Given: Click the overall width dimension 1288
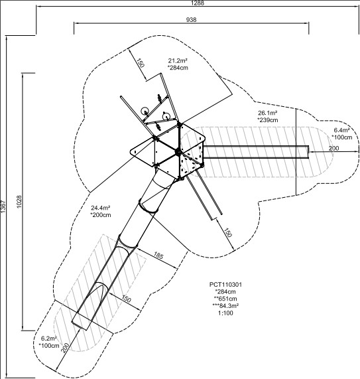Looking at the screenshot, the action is point(198,3).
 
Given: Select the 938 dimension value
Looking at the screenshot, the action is point(191,19).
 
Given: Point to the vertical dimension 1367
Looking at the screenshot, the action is point(3,206).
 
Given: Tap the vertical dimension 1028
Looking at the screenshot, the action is point(19,202).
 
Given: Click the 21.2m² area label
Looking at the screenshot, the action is point(178,60).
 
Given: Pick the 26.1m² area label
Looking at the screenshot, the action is point(268,113).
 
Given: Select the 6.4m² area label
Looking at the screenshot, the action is point(341,130).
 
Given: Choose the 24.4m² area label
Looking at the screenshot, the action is point(101,208).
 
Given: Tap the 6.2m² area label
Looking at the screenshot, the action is point(49,338).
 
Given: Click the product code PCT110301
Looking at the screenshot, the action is point(225,285).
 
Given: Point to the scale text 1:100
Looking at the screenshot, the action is point(225,313).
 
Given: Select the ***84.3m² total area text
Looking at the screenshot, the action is point(225,306).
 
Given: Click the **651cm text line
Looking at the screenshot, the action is point(225,299).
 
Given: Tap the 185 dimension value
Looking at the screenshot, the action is point(158,256).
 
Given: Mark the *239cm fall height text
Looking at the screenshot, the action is point(268,120).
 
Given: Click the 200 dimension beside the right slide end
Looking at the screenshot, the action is point(333,149).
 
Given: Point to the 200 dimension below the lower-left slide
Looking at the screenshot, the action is point(64,348).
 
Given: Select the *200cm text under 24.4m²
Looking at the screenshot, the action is point(101,215).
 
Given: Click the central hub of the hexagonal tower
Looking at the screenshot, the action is point(178,151).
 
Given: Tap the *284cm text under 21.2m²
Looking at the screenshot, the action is point(178,68).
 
